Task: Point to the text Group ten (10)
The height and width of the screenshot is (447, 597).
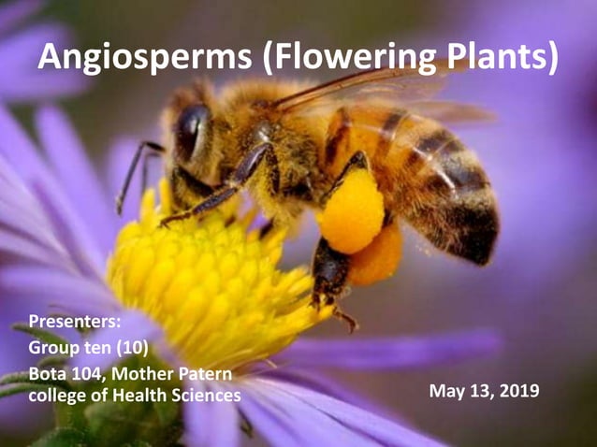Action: [x=88, y=350]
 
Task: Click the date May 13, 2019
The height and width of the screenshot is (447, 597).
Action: [x=484, y=390]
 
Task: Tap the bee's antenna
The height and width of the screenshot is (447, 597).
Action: [x=131, y=173]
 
